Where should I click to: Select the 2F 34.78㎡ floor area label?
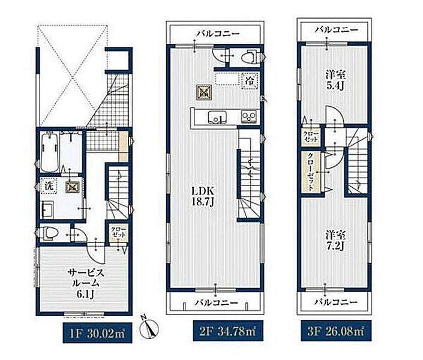point(228,331)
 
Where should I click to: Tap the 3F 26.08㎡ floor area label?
point(337,331)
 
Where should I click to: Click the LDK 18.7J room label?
point(203,196)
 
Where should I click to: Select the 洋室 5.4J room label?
point(335,79)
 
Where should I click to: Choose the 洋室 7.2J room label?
point(335,240)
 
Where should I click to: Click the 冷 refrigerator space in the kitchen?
point(250,80)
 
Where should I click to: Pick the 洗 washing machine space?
point(49,186)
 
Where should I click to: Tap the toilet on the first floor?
point(48,233)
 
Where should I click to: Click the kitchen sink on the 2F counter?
point(217,118)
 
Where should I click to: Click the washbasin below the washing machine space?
point(48,209)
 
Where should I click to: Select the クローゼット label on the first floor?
point(118,232)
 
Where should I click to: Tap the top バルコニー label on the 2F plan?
point(217,34)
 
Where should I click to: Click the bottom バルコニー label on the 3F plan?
point(337,302)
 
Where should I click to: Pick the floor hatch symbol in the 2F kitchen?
point(203,91)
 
